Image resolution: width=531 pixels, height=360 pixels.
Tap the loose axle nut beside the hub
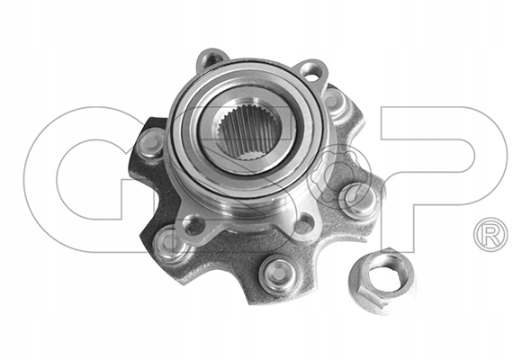[382, 279]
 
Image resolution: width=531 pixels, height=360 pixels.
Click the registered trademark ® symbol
[490, 234]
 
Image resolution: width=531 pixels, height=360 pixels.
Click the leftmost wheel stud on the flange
[150, 142]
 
